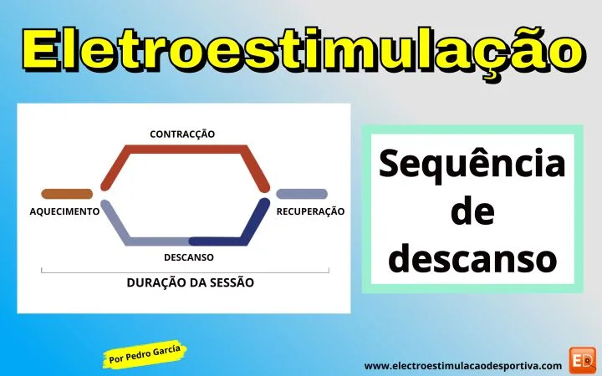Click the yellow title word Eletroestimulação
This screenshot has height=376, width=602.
pyautogui.click(x=300, y=48)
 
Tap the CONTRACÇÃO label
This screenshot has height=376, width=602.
pyautogui.click(x=182, y=134)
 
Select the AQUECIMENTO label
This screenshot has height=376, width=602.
pyautogui.click(x=64, y=211)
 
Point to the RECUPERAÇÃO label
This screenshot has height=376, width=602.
pyautogui.click(x=310, y=212)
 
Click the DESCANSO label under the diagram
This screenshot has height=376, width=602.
pyautogui.click(x=188, y=257)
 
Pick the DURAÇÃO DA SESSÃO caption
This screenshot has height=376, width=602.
pyautogui.click(x=191, y=282)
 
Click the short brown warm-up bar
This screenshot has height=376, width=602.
pyautogui.click(x=67, y=194)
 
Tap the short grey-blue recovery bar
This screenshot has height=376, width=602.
pyautogui.click(x=302, y=194)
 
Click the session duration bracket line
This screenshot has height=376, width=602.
pyautogui.click(x=185, y=271)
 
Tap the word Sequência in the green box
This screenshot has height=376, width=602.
pyautogui.click(x=472, y=165)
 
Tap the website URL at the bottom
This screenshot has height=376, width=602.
pyautogui.click(x=463, y=365)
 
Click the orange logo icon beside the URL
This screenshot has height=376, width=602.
pyautogui.click(x=581, y=360)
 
